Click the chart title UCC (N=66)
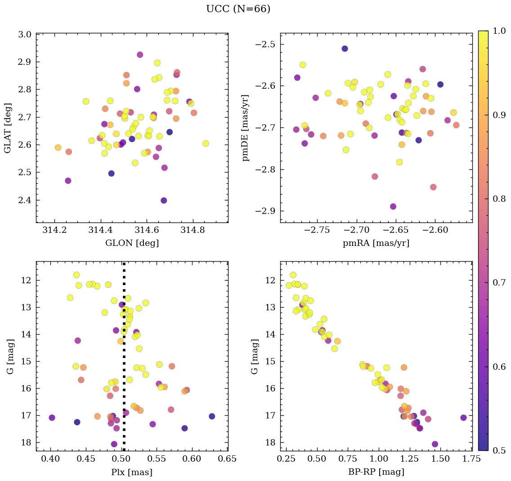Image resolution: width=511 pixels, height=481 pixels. (x=238, y=9)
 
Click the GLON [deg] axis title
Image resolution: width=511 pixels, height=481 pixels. (x=132, y=243)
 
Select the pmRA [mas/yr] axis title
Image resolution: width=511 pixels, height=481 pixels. (x=376, y=243)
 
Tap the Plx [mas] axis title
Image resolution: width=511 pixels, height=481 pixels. (x=132, y=472)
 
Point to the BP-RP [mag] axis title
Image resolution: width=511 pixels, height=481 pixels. (x=376, y=472)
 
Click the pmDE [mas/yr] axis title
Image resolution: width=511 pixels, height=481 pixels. (x=246, y=128)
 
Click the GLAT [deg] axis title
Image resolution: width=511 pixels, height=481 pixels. (x=8, y=128)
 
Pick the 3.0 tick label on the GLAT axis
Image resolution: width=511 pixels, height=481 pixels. (x=25, y=35)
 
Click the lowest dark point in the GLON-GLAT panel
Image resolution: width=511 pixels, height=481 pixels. (x=164, y=200)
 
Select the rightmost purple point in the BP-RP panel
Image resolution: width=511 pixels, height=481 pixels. (x=463, y=417)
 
